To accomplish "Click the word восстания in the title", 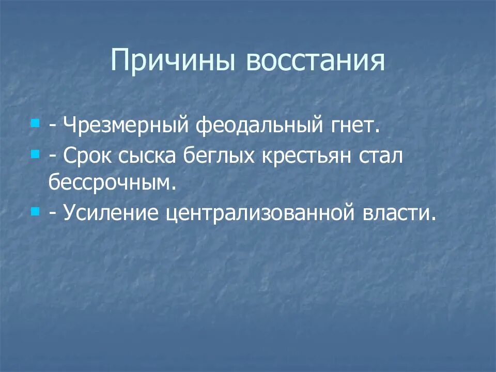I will pos(315,61).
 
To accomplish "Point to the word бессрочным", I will pos(113,182).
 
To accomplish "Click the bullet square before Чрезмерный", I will pos(35,125).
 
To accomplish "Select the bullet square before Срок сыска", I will pos(35,154).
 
